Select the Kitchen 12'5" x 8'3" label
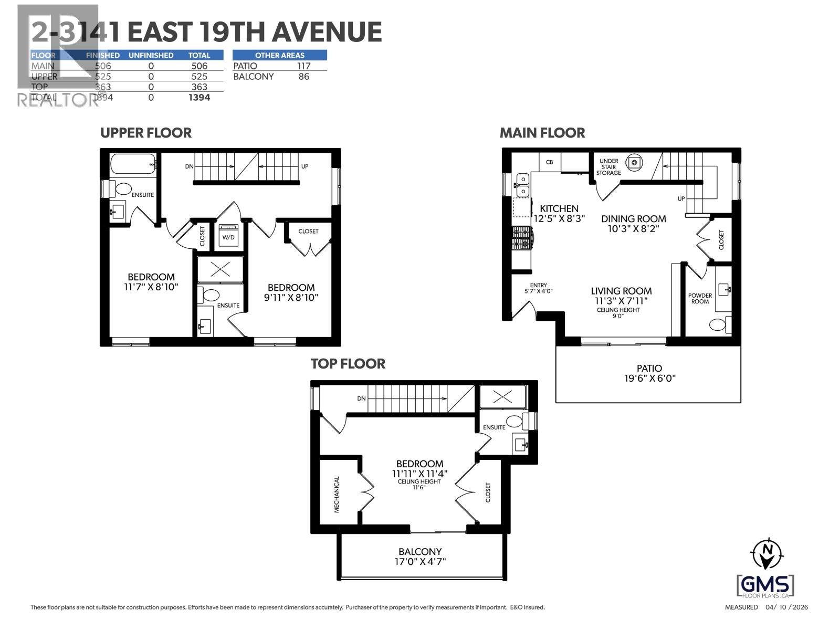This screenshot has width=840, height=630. tap(559, 213)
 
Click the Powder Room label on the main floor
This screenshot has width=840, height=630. tap(700, 298)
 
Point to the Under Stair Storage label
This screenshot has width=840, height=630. tap(608, 167)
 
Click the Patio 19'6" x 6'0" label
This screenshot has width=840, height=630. tap(649, 373)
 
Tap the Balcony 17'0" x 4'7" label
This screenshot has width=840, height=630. tap(420, 556)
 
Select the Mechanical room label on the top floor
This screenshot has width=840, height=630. tap(337, 494)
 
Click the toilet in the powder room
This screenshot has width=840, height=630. tap(720, 324)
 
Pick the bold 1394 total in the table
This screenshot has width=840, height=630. tap(199, 98)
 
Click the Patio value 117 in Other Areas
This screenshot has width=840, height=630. tap(303, 66)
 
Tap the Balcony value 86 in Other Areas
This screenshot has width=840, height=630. tap(303, 77)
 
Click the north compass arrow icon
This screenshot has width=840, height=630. tap(768, 554)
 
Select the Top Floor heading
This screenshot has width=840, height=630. tap(348, 364)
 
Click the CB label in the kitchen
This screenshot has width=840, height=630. tap(550, 162)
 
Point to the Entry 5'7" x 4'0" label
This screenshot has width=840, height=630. tap(539, 288)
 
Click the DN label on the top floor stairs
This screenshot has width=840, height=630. tap(361, 398)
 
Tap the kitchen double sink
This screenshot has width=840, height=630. tap(522, 185)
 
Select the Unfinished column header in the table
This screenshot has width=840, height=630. tap(151, 55)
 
